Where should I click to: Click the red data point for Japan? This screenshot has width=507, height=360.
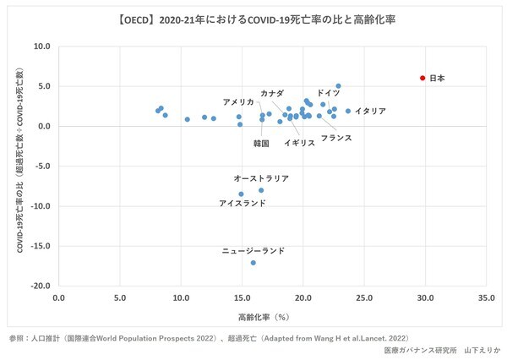[x=422, y=78]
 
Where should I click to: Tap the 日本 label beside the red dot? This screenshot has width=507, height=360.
[x=437, y=78]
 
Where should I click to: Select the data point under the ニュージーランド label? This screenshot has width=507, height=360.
[x=253, y=263]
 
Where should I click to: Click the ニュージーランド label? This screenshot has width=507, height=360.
[x=253, y=251]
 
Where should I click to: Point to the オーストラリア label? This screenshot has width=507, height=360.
[x=261, y=179]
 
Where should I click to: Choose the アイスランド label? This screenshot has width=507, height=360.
[x=243, y=204]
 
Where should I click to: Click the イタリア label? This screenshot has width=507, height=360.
[x=370, y=111]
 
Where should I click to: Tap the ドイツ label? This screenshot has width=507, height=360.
[x=329, y=92]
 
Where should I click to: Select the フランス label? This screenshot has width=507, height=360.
[x=336, y=137]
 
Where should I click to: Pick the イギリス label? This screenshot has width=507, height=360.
[x=299, y=143]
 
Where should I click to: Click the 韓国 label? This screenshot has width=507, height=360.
[x=261, y=143]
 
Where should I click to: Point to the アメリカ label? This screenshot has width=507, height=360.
[x=238, y=101]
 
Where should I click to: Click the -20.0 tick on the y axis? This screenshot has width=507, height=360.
[x=39, y=286]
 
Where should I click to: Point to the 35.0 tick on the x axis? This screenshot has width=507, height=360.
[x=486, y=298]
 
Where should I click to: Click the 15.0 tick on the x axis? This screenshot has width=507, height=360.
[x=242, y=298]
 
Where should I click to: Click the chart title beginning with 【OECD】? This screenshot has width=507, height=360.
[x=253, y=19]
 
